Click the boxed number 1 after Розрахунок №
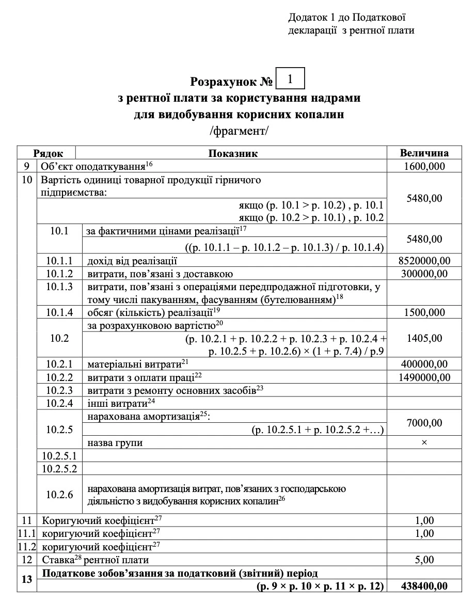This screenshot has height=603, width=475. tap(291, 80)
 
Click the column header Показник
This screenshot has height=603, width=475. tap(233, 153)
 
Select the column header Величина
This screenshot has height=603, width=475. tap(424, 153)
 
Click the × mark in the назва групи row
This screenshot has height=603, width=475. tap(424, 442)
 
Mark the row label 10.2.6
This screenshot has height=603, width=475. tap(59, 494)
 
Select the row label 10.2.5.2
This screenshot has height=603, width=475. tap(59, 469)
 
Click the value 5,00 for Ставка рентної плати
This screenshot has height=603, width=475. tap(424, 560)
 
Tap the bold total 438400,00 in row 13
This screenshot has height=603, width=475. tap(424, 586)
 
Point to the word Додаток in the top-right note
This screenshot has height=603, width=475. tap(305, 18)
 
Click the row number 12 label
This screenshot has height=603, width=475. tap(27, 560)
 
